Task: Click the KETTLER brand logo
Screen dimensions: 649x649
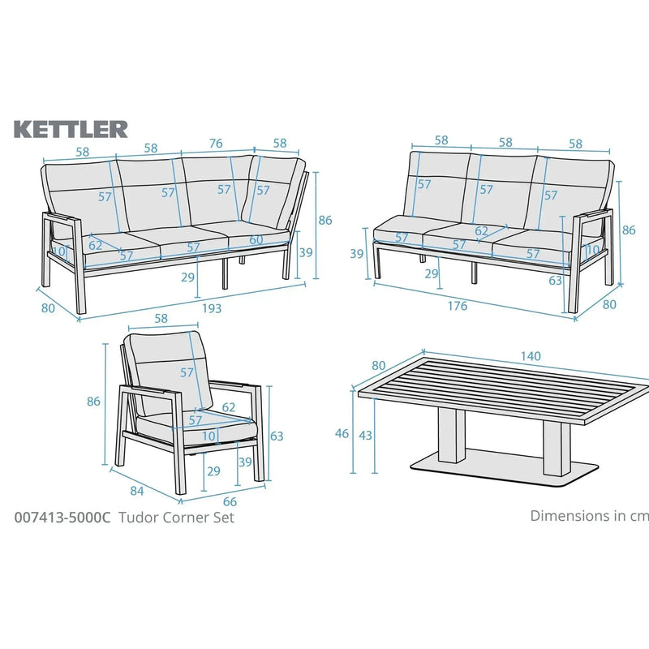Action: tap(71, 129)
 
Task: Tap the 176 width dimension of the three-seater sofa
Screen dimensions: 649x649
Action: tap(458, 306)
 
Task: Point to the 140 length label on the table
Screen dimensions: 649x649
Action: tap(531, 356)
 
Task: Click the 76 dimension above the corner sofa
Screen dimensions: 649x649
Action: tap(216, 144)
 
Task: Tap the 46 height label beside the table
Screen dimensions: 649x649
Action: tap(342, 434)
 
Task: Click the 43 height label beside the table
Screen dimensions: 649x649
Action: tap(366, 436)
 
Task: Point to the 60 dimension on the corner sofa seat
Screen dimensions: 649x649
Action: tap(256, 239)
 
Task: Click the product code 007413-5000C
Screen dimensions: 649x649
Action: tap(62, 518)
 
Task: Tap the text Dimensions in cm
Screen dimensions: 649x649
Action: tap(588, 515)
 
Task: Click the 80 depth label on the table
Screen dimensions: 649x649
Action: tap(379, 365)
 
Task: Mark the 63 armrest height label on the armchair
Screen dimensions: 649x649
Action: tap(277, 436)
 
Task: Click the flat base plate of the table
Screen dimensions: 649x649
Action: tap(503, 468)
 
